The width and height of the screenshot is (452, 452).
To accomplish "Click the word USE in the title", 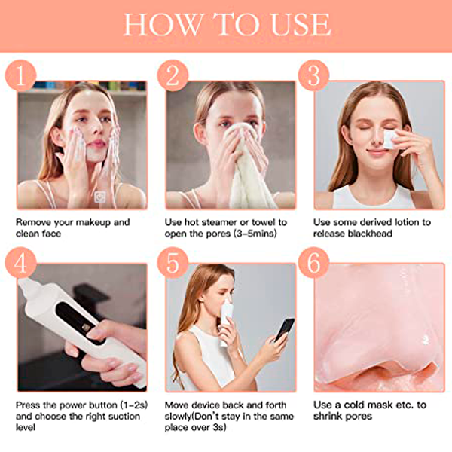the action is tap(301, 25).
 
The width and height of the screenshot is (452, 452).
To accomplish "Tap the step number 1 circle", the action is tap(21, 75).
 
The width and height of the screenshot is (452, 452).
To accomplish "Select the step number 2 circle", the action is tap(173, 75).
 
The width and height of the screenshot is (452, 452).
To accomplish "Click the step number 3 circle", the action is tap(313, 75).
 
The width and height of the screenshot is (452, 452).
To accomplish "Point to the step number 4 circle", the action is tap(21, 263).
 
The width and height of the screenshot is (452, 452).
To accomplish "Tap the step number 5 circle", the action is tap(173, 263).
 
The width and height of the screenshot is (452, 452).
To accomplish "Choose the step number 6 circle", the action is tap(313, 263).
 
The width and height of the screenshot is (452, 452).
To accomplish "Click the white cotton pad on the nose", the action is tap(389, 139).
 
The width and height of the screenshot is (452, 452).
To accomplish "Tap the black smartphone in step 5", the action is tap(285, 329).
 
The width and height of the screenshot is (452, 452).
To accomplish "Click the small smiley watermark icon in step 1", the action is tap(99, 197).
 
